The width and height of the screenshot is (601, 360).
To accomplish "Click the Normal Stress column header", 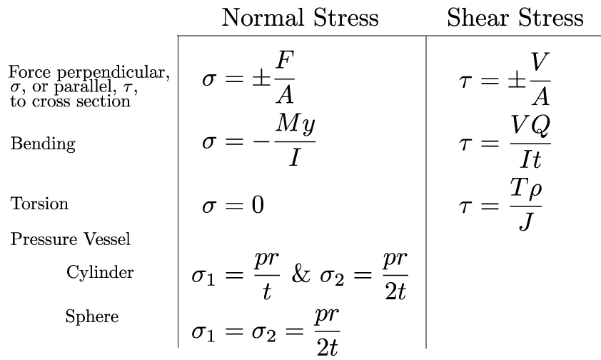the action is pyautogui.click(x=300, y=18).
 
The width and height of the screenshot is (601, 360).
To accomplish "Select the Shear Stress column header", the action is pyautogui.click(x=515, y=18).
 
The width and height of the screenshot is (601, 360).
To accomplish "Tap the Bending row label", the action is pyautogui.click(x=43, y=144).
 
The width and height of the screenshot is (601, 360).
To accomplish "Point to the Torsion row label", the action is pyautogui.click(x=39, y=203).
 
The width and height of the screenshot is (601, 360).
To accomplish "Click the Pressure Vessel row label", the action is pyautogui.click(x=71, y=239).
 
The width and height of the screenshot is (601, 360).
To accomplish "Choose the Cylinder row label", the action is pyautogui.click(x=100, y=273).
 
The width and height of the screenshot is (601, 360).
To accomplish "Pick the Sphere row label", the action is pyautogui.click(x=92, y=316).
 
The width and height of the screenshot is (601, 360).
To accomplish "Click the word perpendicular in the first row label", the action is pyautogui.click(x=113, y=72).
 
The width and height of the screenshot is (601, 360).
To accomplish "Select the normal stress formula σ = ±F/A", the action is pyautogui.click(x=248, y=78).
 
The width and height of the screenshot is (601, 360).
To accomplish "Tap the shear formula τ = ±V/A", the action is pyautogui.click(x=505, y=79).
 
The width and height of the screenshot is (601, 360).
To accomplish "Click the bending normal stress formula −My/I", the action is pyautogui.click(x=258, y=141).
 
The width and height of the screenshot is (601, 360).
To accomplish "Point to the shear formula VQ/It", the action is pyautogui.click(x=505, y=142).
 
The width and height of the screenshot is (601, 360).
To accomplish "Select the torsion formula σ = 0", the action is pyautogui.click(x=233, y=205).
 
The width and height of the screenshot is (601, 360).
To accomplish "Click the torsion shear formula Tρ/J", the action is pyautogui.click(x=500, y=205).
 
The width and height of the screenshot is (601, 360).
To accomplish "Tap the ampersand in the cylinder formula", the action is pyautogui.click(x=300, y=274).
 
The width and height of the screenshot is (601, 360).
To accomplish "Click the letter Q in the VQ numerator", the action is pyautogui.click(x=541, y=126).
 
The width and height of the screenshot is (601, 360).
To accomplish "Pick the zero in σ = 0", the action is pyautogui.click(x=258, y=205).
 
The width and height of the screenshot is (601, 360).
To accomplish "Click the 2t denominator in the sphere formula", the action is pyautogui.click(x=327, y=347).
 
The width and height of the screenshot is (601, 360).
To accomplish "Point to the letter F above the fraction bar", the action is pyautogui.click(x=286, y=61).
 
